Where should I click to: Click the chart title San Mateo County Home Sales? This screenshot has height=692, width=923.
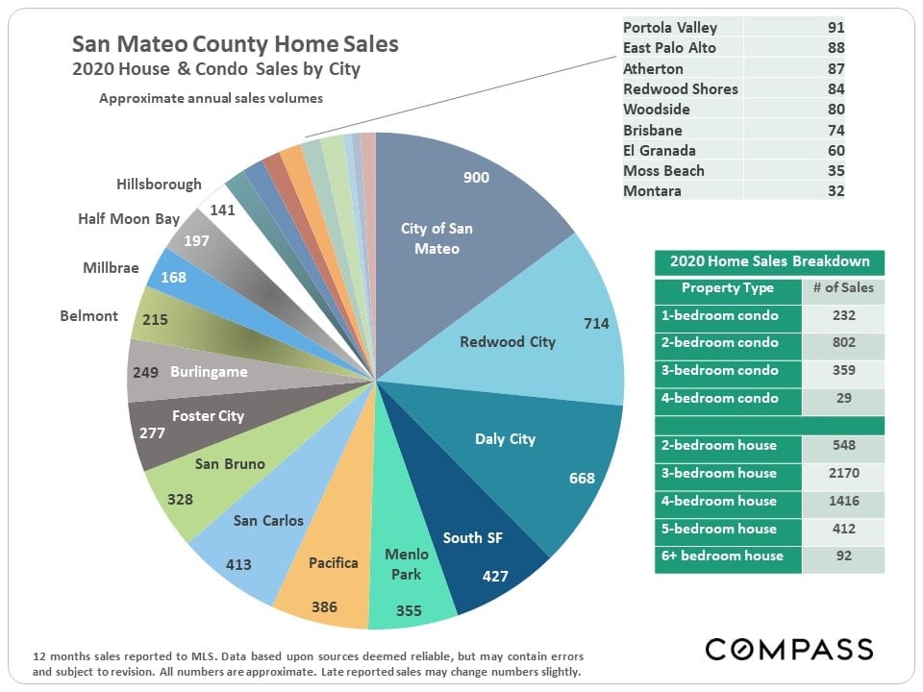236,44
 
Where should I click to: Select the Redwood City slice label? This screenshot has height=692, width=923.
507,341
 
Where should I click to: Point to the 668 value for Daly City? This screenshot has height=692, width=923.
582,478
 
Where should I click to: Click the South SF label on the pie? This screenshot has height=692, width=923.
473,537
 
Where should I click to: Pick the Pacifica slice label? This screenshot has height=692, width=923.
333,562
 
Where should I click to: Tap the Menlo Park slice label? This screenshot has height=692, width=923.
406,564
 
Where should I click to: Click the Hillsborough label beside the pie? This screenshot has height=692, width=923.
159,185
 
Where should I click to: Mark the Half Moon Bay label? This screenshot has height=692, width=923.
129,219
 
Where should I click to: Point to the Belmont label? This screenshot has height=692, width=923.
88,316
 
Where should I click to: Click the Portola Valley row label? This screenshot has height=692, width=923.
670,28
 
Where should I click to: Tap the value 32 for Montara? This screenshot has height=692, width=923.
836,191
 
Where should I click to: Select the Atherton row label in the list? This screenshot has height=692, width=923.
653,68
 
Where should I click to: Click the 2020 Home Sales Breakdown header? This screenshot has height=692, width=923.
769,261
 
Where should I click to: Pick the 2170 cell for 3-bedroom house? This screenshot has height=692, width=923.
842,473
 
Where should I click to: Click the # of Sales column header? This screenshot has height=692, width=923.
842,288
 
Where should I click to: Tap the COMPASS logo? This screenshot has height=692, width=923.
789,649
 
